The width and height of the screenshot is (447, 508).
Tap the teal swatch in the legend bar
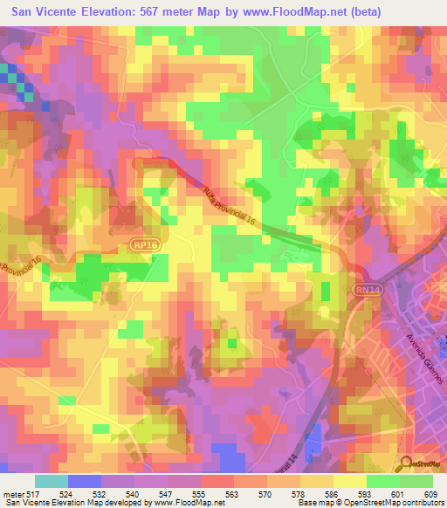(x=51, y=481)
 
